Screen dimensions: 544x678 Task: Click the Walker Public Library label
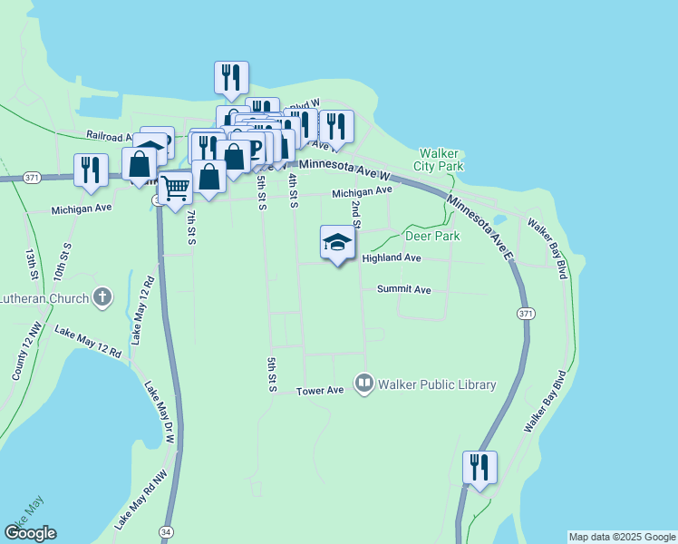tap(438, 384)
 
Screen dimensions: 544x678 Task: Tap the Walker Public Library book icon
tap(365, 384)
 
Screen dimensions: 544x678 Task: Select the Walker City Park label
tap(439, 160)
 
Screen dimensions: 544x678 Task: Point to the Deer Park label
tap(432, 236)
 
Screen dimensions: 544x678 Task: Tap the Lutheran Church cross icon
tap(103, 296)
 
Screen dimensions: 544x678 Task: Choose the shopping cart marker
tap(176, 187)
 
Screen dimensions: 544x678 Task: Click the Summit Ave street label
tap(404, 289)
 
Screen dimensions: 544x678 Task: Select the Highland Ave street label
tap(392, 258)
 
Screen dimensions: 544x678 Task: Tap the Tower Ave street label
tap(321, 391)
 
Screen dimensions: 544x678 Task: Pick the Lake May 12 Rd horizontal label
tap(88, 343)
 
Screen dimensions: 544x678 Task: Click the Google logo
tap(30, 533)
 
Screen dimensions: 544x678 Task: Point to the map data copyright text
tap(622, 537)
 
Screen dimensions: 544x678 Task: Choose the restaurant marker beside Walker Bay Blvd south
tap(479, 469)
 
